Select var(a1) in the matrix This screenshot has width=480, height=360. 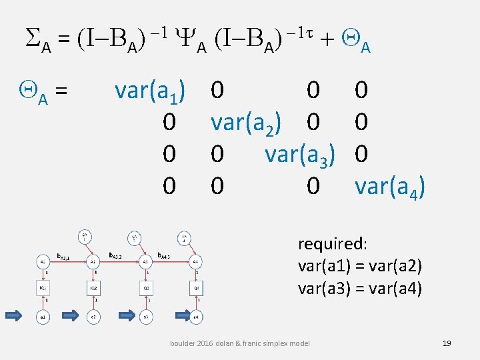tap(150, 90)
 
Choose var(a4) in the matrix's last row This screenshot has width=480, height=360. tap(390, 187)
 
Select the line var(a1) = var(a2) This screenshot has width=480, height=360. tap(360, 266)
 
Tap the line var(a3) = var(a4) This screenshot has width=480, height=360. tap(360, 289)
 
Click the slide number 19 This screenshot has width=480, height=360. tap(447, 343)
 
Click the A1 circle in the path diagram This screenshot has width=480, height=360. tap(42, 263)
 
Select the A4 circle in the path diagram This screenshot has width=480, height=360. tap(195, 263)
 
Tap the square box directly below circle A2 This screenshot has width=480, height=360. tap(93, 288)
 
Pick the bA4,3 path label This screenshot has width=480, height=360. tap(166, 255)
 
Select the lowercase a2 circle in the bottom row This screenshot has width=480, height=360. tap(93, 317)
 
